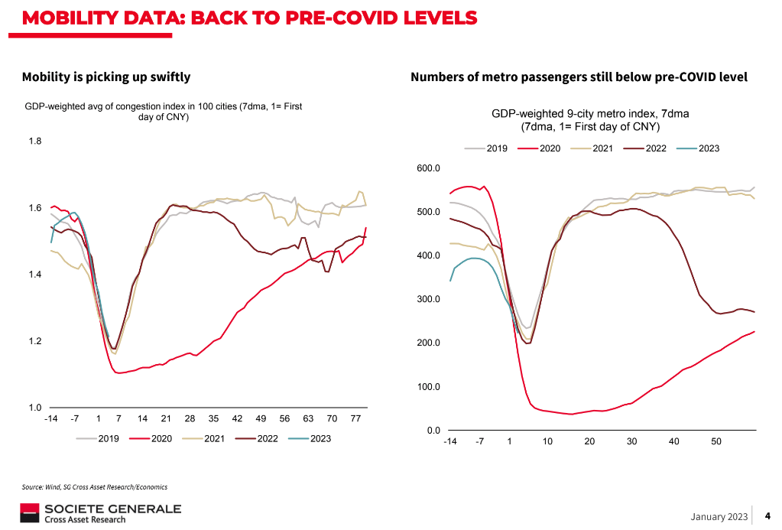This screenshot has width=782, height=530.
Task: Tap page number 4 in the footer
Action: click(x=767, y=516)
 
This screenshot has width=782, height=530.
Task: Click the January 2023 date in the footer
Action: click(x=719, y=517)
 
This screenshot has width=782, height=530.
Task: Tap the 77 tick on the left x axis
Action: click(x=355, y=419)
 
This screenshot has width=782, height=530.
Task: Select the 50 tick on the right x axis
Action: click(x=716, y=442)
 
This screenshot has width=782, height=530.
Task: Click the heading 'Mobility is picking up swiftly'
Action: click(x=106, y=76)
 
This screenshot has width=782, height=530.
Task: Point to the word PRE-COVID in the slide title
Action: click(x=342, y=17)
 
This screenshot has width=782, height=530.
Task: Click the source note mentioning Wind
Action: click(x=94, y=486)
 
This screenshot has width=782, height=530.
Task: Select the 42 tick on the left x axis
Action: click(x=237, y=419)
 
